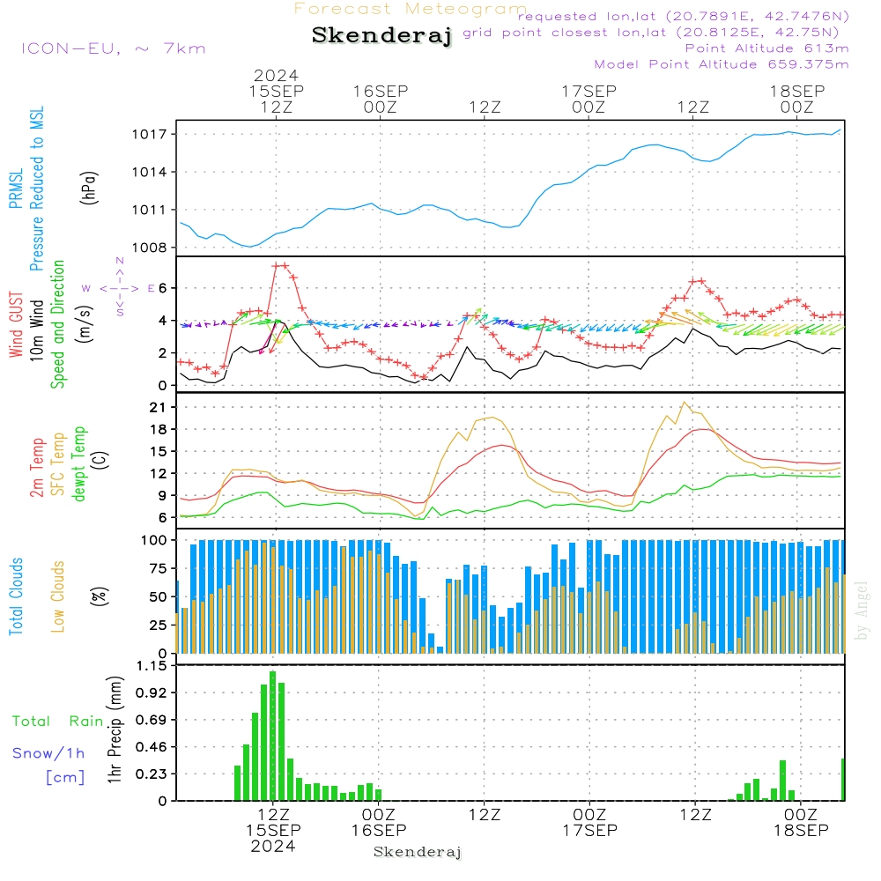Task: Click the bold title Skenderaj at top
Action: [x=381, y=35]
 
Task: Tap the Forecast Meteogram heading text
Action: [x=411, y=9]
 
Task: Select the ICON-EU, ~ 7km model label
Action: [x=113, y=48]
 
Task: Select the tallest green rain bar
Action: [x=273, y=736]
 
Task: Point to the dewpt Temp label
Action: [x=78, y=464]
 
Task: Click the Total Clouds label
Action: [x=16, y=596]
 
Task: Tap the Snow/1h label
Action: [x=49, y=753]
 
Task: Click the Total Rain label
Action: [x=57, y=722]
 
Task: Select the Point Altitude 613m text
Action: [x=766, y=48]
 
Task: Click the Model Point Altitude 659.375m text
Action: [x=722, y=63]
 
